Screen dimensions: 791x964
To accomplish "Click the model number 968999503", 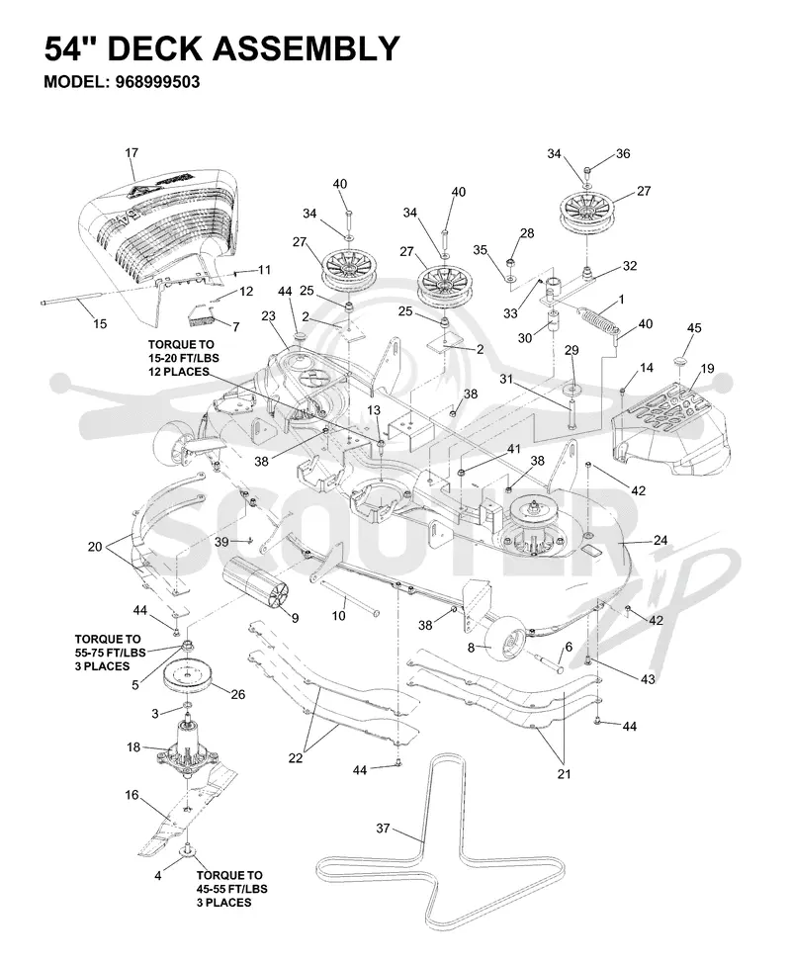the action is [x=157, y=82].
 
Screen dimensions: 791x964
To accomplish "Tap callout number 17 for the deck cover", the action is [x=132, y=152].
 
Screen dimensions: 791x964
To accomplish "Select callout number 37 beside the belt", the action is [x=383, y=829].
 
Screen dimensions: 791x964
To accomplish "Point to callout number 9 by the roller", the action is [x=295, y=618].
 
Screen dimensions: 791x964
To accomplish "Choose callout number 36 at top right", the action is [x=623, y=153].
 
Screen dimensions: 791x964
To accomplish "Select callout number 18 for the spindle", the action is [x=133, y=747].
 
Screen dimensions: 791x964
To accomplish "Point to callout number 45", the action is [x=694, y=328].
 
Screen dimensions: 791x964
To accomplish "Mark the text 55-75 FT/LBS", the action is [x=111, y=653].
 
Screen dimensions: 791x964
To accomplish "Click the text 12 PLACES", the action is [x=179, y=372].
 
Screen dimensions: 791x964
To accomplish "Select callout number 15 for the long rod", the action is [x=100, y=324].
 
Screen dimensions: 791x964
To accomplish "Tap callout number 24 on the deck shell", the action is [x=660, y=541].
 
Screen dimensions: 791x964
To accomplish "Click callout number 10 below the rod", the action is [x=339, y=615].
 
